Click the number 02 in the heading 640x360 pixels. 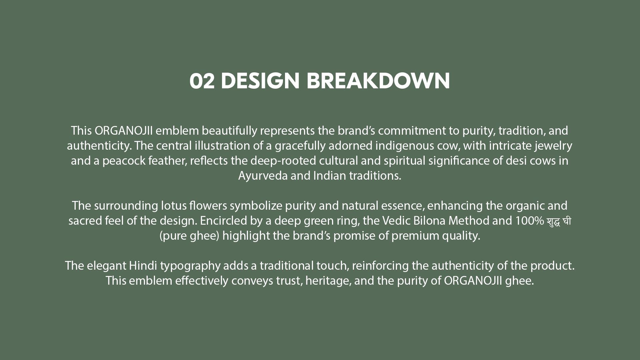[202, 81]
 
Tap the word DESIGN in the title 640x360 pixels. [260, 81]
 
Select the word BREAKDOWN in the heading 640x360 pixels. [378, 81]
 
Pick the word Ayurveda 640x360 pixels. [263, 176]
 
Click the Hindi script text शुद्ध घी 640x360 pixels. [559, 221]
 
